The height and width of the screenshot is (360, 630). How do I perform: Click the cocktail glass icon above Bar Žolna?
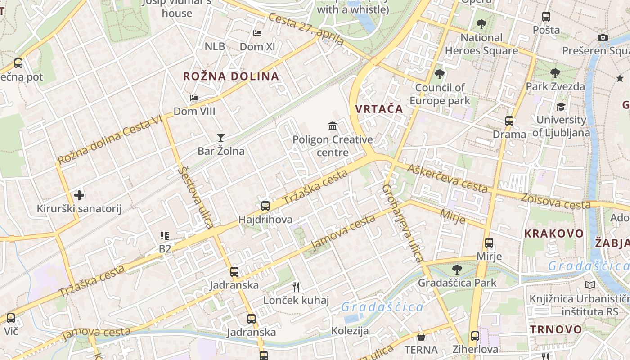(x=220, y=137)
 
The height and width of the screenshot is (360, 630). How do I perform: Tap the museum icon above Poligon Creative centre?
(x=333, y=126)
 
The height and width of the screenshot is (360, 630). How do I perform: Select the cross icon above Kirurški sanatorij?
(x=79, y=195)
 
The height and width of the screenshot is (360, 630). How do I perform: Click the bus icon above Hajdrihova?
(x=265, y=206)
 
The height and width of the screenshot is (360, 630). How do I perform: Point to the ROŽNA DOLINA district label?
(x=231, y=76)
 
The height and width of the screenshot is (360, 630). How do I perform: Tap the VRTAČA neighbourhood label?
(x=379, y=109)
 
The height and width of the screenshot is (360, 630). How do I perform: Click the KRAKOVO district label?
(x=554, y=234)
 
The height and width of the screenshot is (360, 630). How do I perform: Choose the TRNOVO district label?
(x=556, y=329)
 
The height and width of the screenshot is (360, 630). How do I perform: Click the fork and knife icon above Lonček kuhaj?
(x=296, y=287)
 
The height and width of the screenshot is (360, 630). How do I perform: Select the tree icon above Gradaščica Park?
(x=457, y=270)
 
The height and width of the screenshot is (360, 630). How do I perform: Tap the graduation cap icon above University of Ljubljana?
(x=561, y=107)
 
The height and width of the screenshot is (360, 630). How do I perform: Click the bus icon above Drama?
(x=509, y=121)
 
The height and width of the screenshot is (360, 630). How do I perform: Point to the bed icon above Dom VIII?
(x=194, y=98)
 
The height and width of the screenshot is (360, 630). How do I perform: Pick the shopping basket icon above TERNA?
(x=421, y=337)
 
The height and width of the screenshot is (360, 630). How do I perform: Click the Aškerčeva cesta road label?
(x=447, y=178)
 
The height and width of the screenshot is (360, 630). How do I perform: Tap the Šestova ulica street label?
(x=195, y=197)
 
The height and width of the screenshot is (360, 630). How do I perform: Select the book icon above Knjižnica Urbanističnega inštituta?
(x=589, y=285)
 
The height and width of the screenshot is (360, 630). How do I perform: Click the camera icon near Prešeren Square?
(x=603, y=38)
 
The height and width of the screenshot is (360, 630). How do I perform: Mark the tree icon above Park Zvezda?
(x=555, y=73)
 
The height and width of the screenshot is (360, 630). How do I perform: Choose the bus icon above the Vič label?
(x=11, y=318)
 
